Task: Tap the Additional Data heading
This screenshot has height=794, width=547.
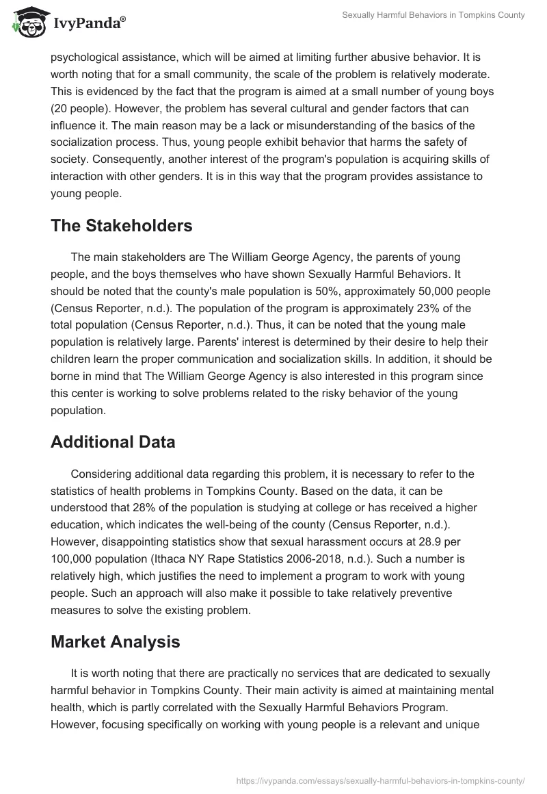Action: tap(113, 442)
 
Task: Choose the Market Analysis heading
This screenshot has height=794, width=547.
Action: tap(116, 641)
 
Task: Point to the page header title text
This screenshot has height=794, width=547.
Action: tap(433, 15)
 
